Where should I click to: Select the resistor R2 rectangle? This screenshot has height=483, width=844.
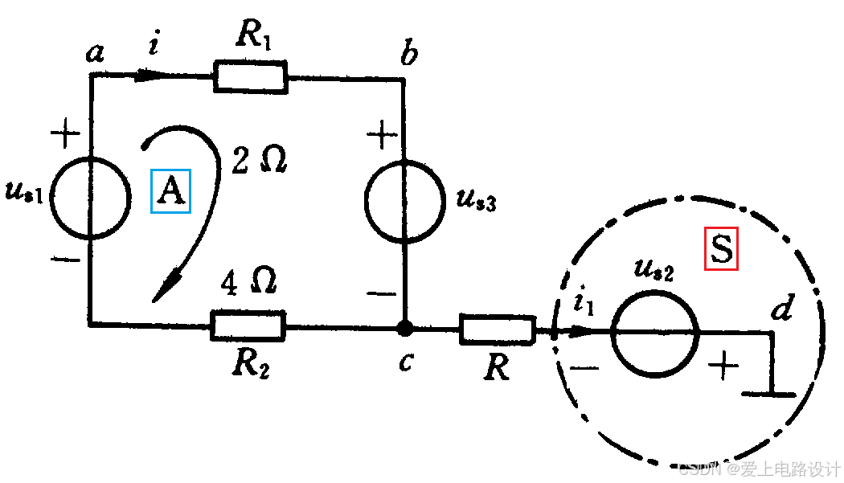click(x=248, y=325)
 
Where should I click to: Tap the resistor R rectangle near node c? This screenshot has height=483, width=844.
click(x=497, y=330)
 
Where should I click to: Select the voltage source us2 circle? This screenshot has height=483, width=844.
click(x=654, y=332)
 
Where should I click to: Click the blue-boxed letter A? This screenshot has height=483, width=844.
click(x=170, y=191)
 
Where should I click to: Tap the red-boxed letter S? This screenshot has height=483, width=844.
click(x=721, y=249)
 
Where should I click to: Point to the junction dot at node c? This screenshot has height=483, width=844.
click(x=405, y=328)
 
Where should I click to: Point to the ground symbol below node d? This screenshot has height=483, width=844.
click(x=769, y=393)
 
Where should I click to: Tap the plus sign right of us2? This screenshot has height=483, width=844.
click(x=723, y=367)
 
